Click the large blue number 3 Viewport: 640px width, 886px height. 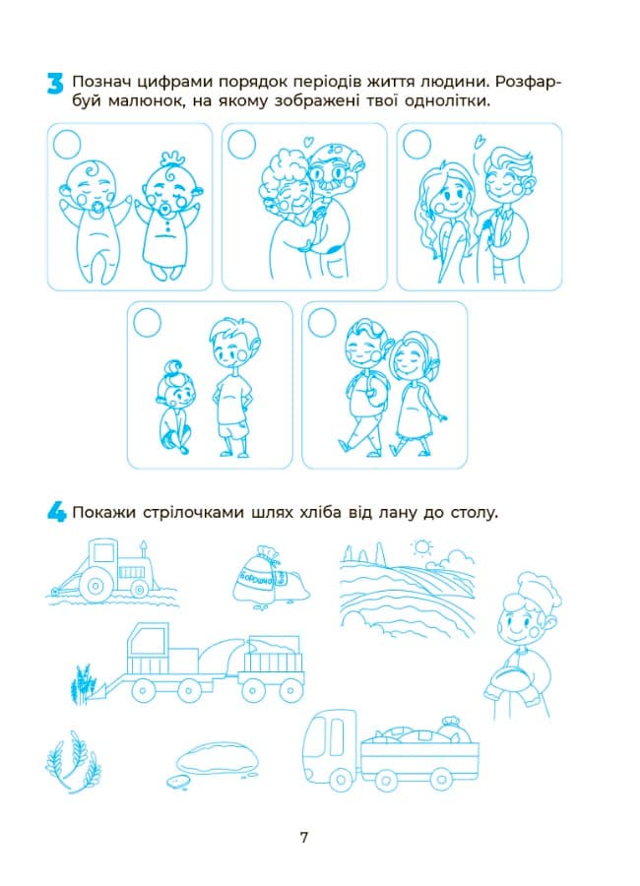[55, 83]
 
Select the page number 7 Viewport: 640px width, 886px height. [304, 837]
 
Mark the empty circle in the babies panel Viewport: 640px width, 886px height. [67, 144]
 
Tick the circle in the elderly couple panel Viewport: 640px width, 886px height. [242, 144]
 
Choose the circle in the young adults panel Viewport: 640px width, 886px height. [417, 144]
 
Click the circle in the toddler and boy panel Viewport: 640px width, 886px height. [148, 322]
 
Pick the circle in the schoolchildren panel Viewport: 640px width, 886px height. [322, 322]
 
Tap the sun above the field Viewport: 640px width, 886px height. [421, 548]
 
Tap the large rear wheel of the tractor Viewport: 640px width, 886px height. [96, 586]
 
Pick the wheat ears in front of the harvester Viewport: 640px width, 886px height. [81, 684]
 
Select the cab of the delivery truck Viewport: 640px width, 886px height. [330, 739]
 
